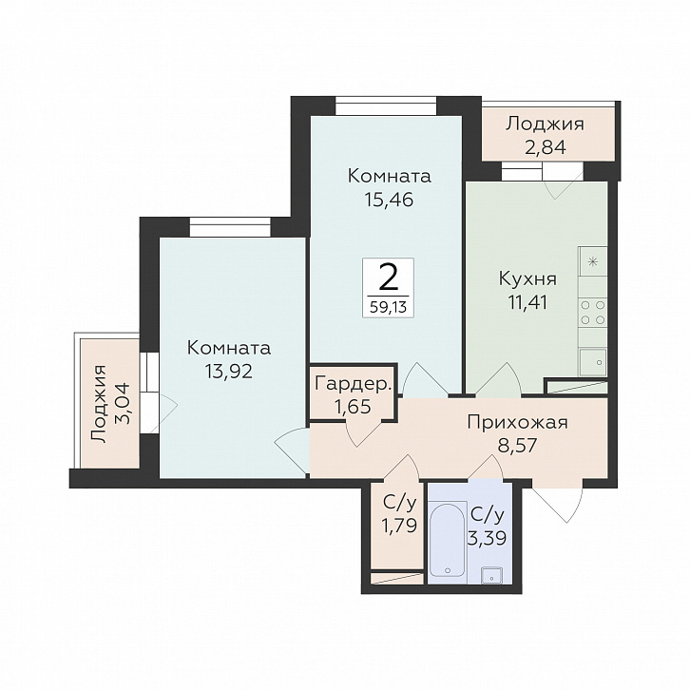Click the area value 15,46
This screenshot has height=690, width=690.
click(x=389, y=201)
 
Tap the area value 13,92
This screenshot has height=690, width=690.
click(x=228, y=372)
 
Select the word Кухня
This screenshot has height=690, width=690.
click(x=527, y=279)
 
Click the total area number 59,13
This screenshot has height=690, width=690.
click(x=388, y=307)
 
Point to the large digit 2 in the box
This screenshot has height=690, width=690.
click(x=388, y=278)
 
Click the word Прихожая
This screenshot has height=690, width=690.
click(x=517, y=423)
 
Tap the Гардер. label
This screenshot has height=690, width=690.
click(x=354, y=384)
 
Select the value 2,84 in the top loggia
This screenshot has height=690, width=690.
click(x=545, y=147)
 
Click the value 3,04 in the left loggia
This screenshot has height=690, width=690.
click(x=122, y=404)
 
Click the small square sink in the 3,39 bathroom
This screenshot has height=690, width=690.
click(x=492, y=575)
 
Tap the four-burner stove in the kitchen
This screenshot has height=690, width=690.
click(x=593, y=313)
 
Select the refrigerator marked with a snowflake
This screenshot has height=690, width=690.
click(x=593, y=261)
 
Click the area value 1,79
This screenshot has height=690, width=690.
click(x=399, y=526)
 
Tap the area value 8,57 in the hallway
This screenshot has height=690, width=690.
click(x=517, y=446)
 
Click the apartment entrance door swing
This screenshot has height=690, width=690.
click(x=558, y=501)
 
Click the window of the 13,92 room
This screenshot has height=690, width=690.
click(x=230, y=227)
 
